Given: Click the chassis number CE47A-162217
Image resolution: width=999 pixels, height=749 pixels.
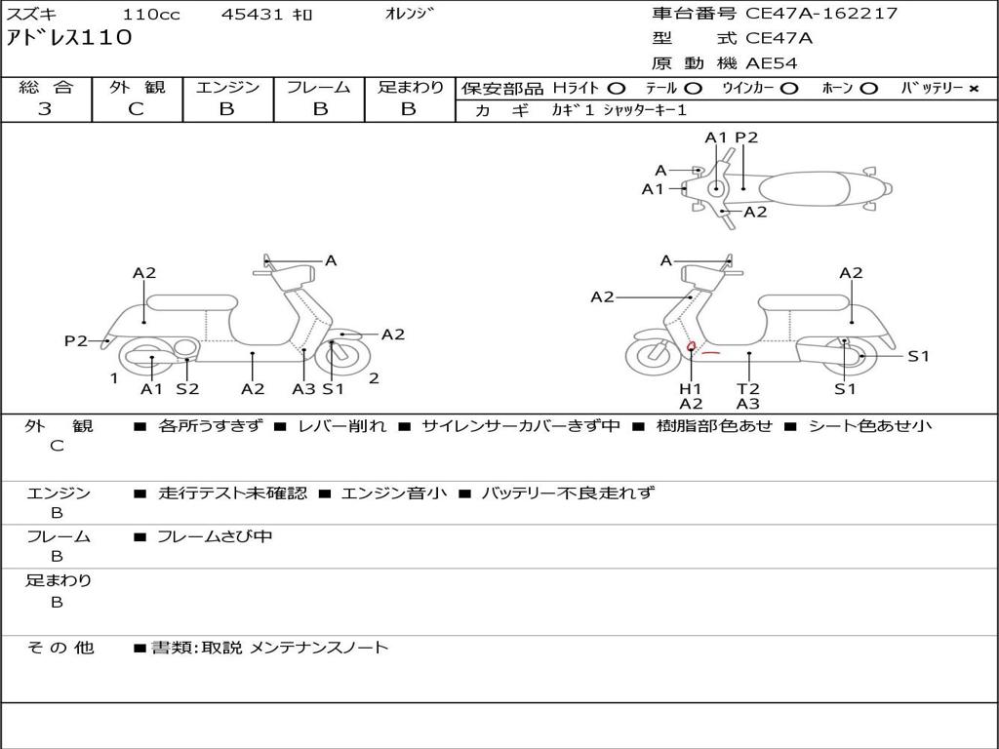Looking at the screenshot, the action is [x=821, y=14].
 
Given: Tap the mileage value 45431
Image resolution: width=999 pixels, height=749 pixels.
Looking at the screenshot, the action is [x=253, y=15].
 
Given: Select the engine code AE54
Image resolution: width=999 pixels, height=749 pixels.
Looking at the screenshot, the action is [x=772, y=63].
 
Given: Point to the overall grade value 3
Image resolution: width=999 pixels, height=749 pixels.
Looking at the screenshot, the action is [x=45, y=109].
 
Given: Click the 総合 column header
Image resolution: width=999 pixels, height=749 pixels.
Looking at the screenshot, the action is [x=45, y=88].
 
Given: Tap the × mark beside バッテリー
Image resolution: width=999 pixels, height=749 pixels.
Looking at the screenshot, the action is [x=973, y=89].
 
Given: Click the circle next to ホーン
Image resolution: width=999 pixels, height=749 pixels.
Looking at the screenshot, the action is [x=869, y=89].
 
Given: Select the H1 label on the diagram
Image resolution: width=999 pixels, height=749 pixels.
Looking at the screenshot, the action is [x=691, y=388].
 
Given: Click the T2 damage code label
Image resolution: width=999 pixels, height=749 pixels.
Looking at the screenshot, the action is [x=748, y=388].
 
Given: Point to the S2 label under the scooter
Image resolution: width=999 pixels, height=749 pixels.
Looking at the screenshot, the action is [x=187, y=389].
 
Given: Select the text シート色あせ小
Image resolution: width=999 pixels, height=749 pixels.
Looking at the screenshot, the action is [x=870, y=426].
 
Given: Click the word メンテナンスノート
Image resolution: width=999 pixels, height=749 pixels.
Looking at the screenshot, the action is [x=319, y=648].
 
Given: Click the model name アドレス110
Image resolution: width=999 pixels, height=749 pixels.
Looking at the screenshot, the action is [x=69, y=39].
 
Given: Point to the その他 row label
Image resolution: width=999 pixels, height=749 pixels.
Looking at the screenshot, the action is [x=60, y=648].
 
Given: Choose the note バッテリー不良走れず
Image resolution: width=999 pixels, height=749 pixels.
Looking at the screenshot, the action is [x=568, y=493].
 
